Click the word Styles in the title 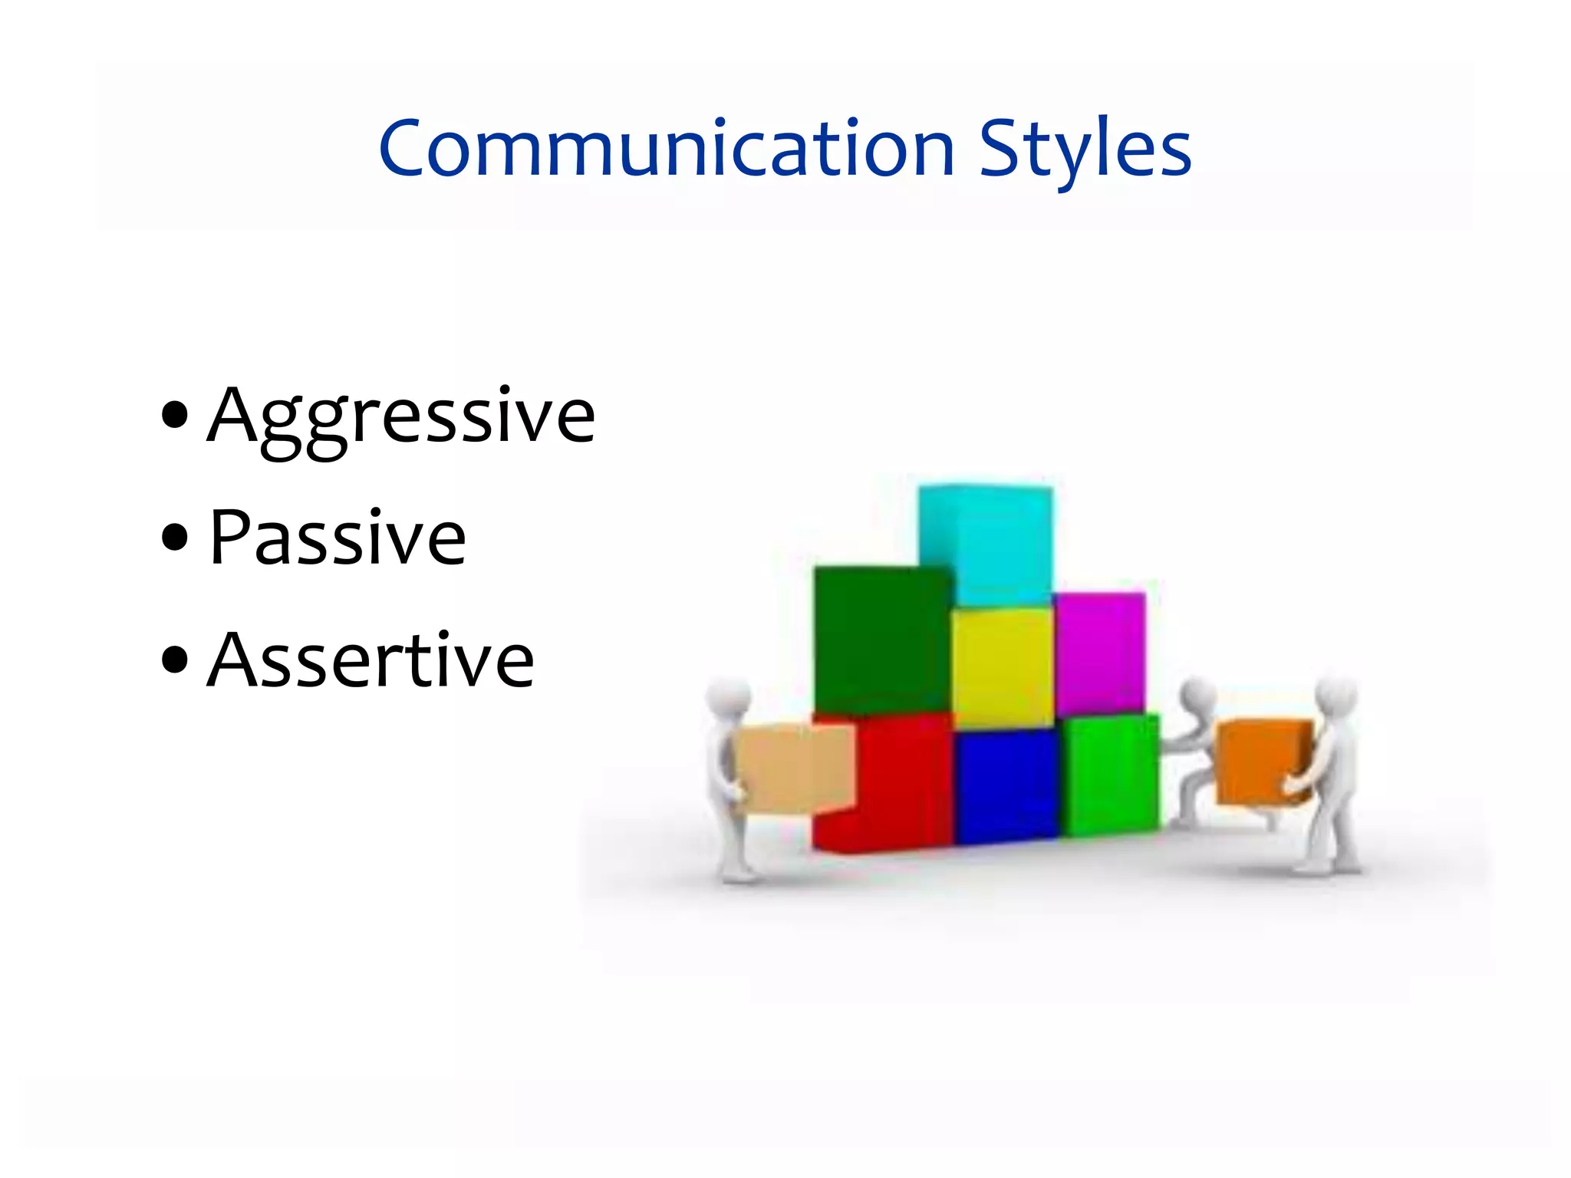1085,149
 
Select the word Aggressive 400,416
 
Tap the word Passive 338,538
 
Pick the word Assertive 371,660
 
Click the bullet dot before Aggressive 176,415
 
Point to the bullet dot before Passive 176,537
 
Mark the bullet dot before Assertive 176,659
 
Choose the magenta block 1100,652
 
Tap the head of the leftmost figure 727,697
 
